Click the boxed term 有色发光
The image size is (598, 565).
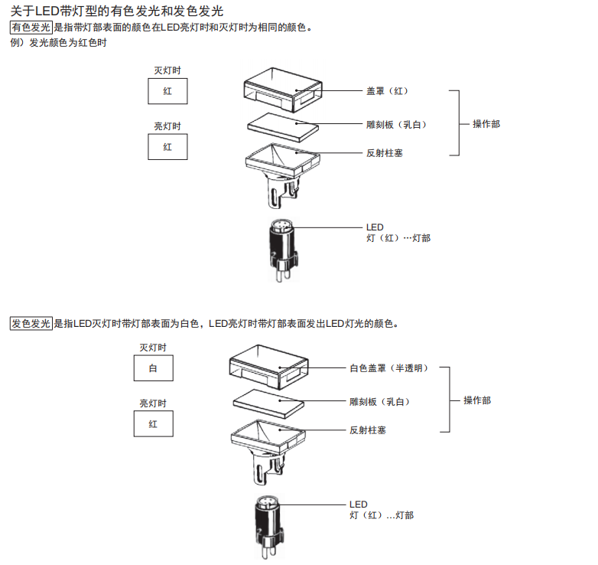point(31,28)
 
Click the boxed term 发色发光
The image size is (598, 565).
point(31,323)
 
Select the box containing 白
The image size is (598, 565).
point(153,369)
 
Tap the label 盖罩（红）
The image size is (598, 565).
point(388,91)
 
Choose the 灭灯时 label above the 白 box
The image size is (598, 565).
point(153,347)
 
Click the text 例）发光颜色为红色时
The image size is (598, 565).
point(58,43)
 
